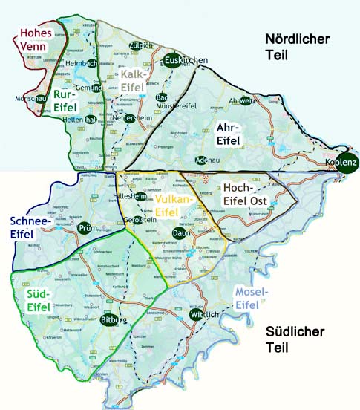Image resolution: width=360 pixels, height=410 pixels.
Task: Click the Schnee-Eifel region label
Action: coord(30,227)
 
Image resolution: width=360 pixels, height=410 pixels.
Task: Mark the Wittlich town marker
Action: coord(195,315)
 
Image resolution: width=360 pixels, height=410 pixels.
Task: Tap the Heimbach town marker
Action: coord(90,64)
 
